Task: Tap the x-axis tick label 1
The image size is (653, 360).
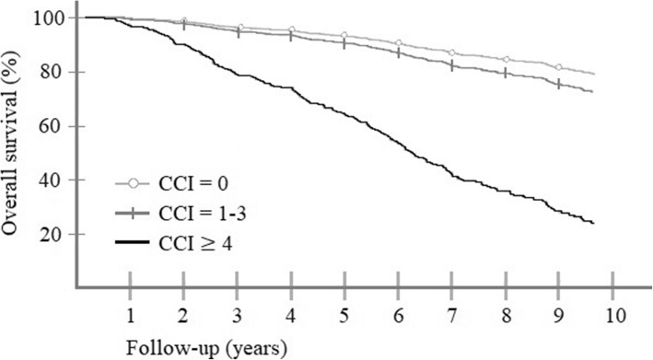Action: point(131,316)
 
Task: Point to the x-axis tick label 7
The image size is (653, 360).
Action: point(452,316)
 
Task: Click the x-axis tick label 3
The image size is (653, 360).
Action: point(238,316)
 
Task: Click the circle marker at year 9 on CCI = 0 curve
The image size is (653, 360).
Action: point(559,67)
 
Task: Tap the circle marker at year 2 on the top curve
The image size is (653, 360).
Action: point(184,20)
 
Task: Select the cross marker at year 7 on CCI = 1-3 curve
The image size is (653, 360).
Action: point(452,65)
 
